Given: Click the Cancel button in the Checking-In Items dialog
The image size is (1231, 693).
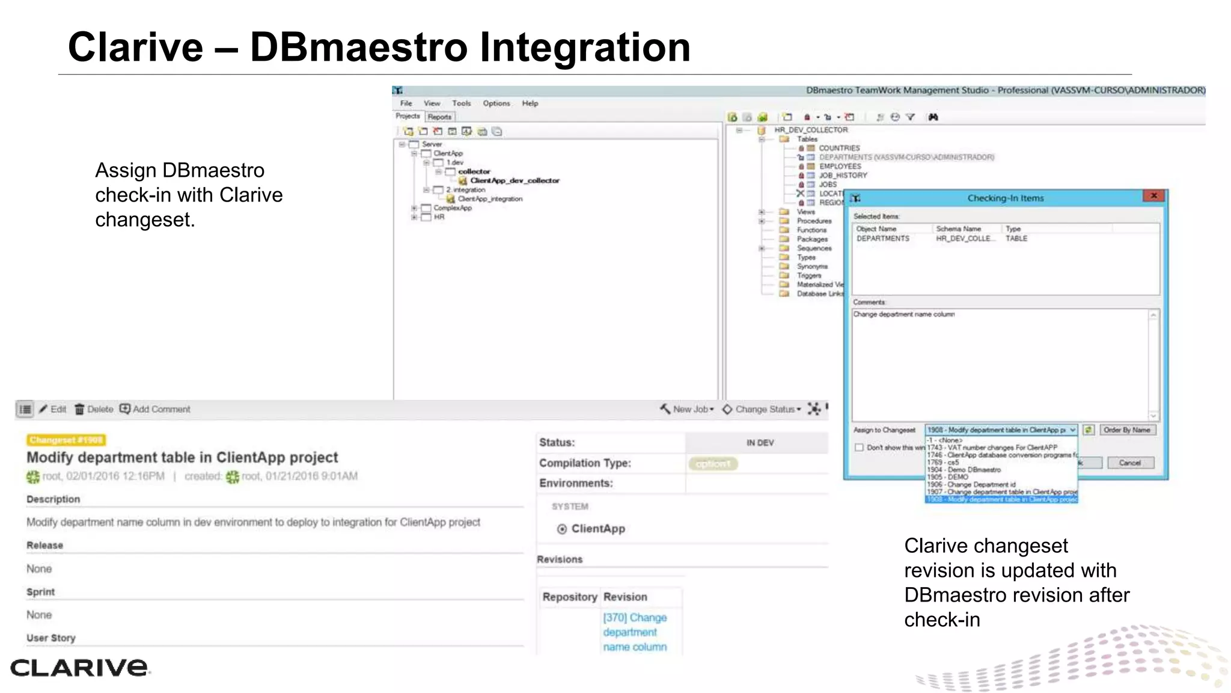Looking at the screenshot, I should [x=1129, y=463].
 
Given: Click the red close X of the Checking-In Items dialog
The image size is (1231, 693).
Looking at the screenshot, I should [x=1153, y=196].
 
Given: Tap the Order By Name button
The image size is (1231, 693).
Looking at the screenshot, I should [x=1126, y=430].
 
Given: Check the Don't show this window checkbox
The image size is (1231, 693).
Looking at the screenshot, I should [x=859, y=448].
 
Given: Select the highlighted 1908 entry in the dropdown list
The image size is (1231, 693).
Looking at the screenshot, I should [x=1001, y=499].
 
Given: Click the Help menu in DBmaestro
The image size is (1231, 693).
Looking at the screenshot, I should [x=530, y=103].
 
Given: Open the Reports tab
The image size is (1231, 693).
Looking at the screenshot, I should [x=439, y=117].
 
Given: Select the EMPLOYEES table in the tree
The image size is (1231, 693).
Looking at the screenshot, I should [x=839, y=166].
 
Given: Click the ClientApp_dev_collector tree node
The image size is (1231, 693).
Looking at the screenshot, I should [x=514, y=180].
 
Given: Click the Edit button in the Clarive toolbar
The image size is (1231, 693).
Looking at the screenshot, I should [x=53, y=409].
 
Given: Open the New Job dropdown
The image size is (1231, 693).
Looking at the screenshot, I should [x=687, y=409].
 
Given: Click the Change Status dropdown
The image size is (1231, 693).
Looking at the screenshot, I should [x=762, y=409].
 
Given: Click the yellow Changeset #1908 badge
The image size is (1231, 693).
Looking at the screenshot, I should [x=66, y=440].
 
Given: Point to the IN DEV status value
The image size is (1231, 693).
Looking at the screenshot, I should [x=760, y=443].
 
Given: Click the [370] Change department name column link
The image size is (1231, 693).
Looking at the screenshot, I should [x=635, y=632].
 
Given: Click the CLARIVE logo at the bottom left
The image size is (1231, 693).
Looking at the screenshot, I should [x=79, y=667].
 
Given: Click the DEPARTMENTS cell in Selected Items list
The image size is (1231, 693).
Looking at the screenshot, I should [x=882, y=239].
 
